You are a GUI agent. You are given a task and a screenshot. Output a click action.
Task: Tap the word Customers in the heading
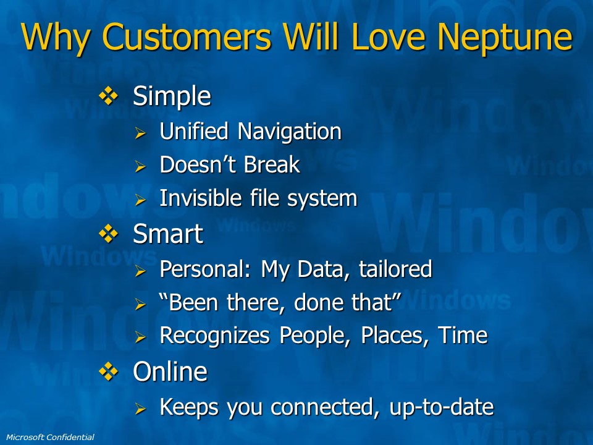coord(187,36)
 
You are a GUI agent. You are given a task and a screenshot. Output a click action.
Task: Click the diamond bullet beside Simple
coord(109,96)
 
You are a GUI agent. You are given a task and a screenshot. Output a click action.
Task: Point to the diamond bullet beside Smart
coord(109,234)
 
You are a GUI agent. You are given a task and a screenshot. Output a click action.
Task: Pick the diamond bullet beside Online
coord(109,371)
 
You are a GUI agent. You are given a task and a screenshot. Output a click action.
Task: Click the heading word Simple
coord(172,97)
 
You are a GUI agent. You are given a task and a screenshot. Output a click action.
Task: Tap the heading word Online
coord(170,371)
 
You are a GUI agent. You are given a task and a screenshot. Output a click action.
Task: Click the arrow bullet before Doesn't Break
coord(140,166)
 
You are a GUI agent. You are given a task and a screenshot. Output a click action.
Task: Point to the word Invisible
coord(200,198)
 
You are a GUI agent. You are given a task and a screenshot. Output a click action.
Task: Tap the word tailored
coord(395,269)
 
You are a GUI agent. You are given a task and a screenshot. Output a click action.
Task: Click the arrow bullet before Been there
coord(140,304)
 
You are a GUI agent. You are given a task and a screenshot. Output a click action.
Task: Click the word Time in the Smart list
coord(463,335)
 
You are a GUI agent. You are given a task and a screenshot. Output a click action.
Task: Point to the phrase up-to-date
coord(441,407)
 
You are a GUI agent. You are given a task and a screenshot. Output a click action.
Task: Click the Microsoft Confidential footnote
coord(50,437)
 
